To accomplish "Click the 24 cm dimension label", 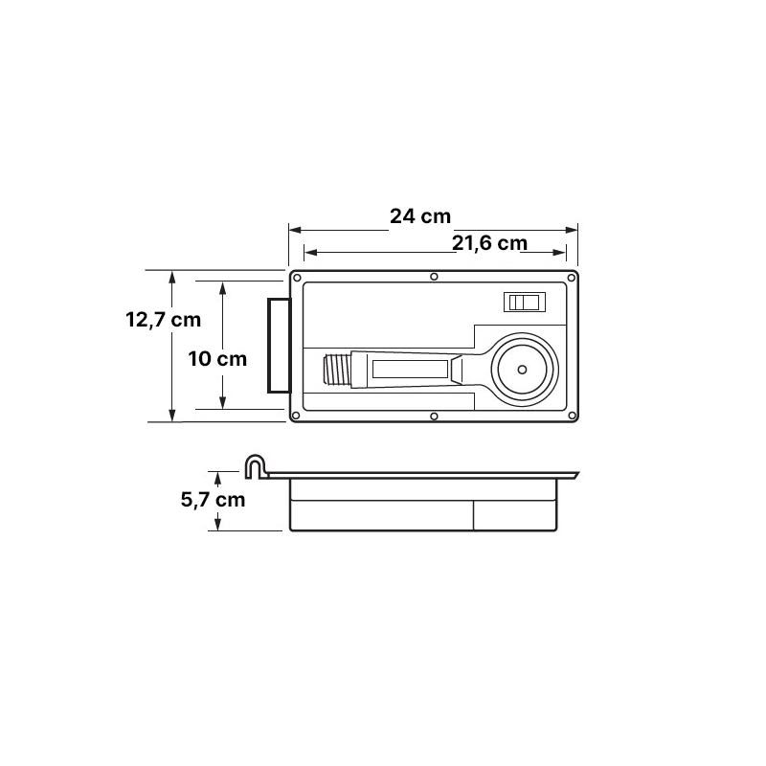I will tap(420, 215).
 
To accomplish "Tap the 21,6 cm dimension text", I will tap(489, 243).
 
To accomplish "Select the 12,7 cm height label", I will tap(163, 320).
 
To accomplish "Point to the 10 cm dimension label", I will tap(217, 359).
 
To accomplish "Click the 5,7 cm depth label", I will tap(213, 499).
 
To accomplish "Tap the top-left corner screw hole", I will tap(297, 279).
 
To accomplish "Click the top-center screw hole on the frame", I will tap(434, 277).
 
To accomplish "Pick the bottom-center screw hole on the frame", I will tap(434, 417).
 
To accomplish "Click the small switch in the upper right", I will tap(525, 303).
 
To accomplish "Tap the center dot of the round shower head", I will tap(522, 369).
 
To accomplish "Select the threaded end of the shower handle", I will tap(338, 369).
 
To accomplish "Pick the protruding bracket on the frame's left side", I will tap(278, 345).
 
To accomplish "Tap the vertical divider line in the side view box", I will tap(474, 515).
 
